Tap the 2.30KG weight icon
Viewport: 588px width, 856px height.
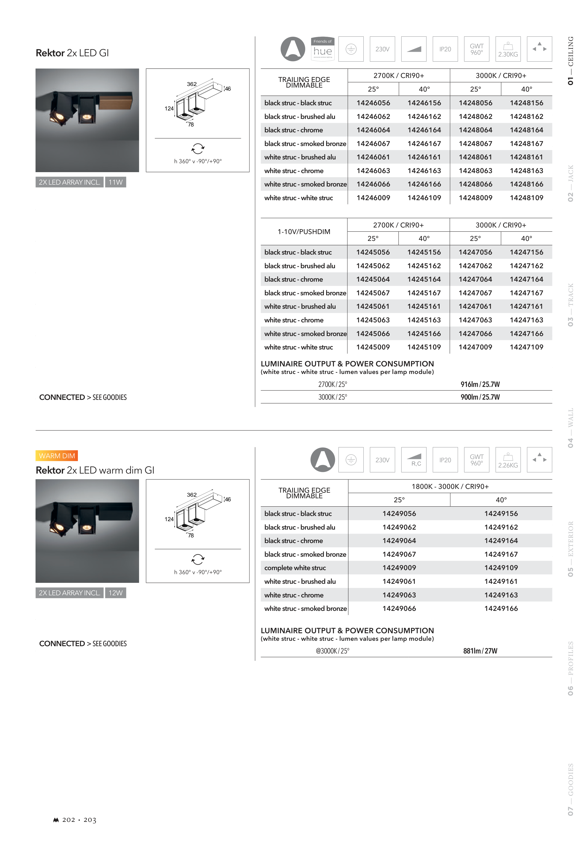point(508,49)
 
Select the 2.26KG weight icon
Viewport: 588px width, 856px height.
point(508,460)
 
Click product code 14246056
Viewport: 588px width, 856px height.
point(373,103)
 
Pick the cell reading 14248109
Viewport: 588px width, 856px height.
point(527,198)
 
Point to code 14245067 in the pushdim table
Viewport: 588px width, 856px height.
point(373,293)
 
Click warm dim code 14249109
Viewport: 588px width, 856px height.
point(501,568)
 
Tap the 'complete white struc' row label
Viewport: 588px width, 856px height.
point(295,568)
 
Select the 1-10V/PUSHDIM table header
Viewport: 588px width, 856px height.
point(304,231)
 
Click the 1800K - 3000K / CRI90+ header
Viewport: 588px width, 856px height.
point(450,486)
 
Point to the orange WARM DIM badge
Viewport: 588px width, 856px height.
point(57,456)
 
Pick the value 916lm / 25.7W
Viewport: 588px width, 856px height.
point(480,384)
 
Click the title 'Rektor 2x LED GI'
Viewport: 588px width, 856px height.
point(72,53)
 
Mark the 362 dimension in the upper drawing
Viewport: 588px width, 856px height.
point(192,84)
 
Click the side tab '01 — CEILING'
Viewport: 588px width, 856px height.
point(570,61)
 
